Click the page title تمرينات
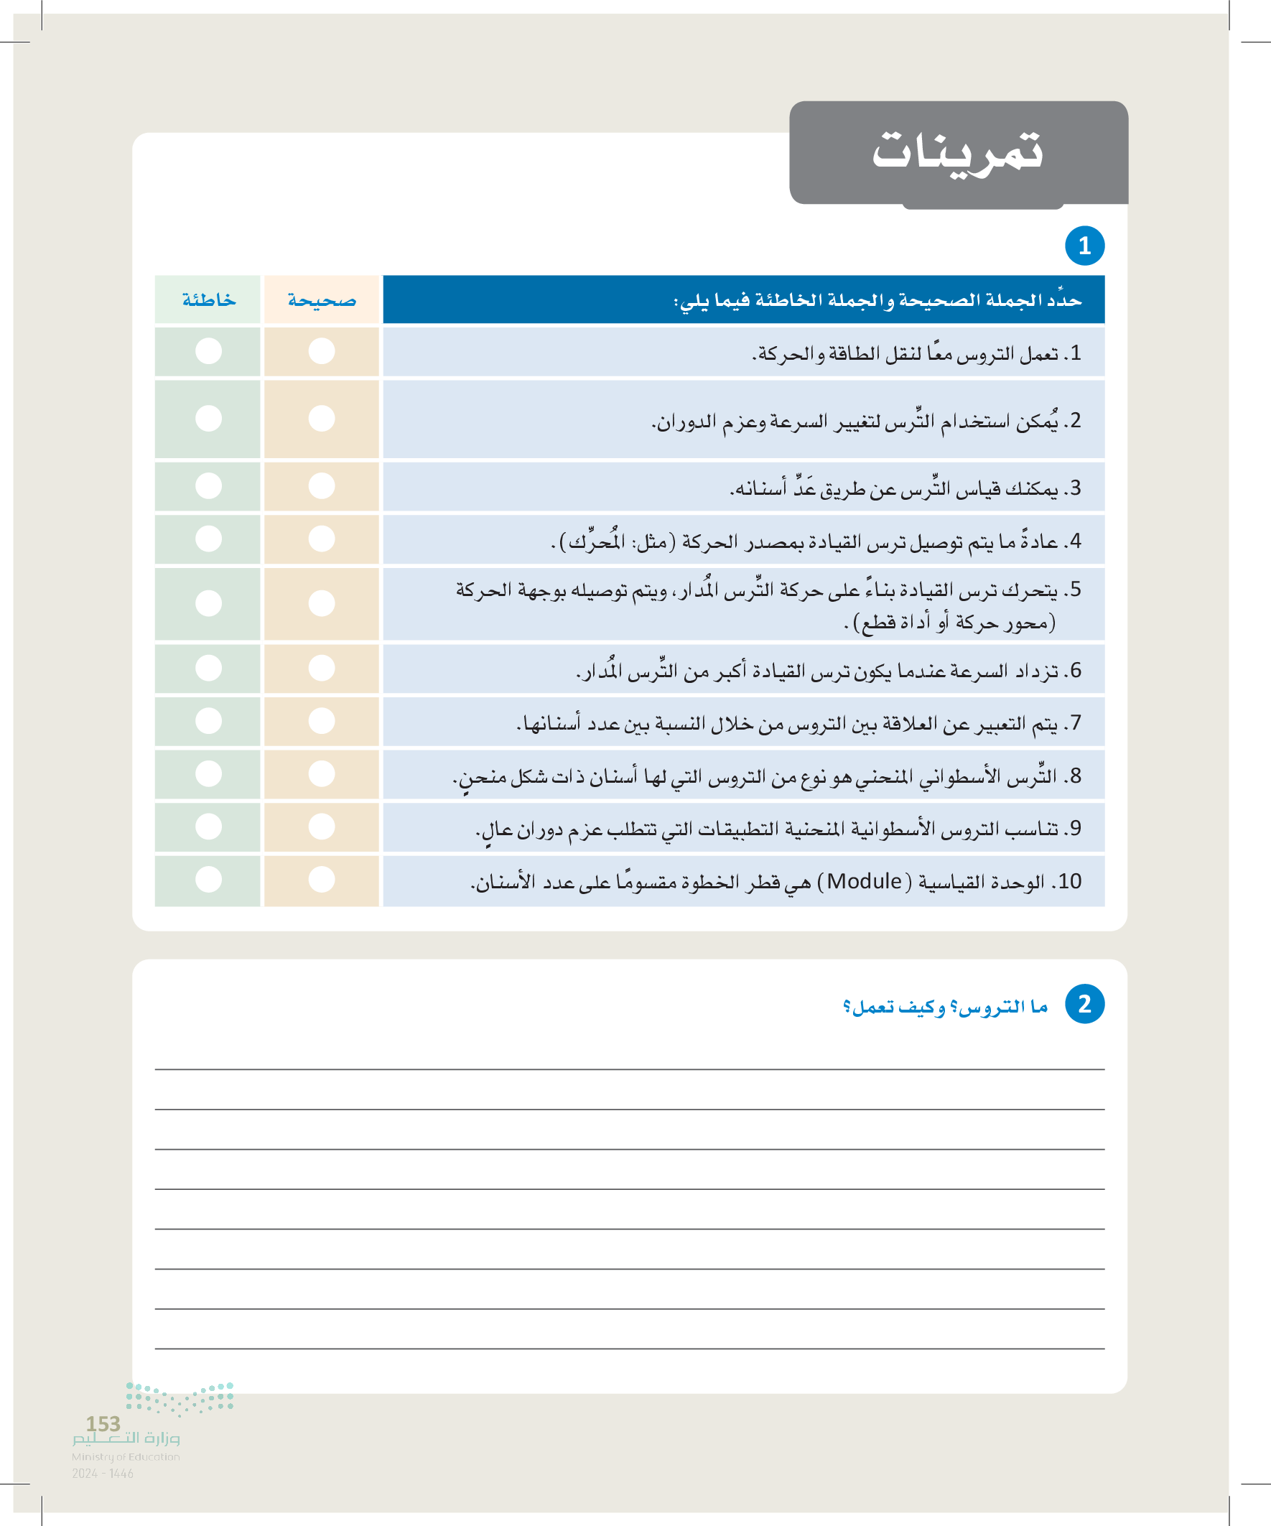(x=957, y=151)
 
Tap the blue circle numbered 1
(x=1084, y=246)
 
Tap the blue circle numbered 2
(x=1084, y=1003)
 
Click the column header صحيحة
(x=322, y=299)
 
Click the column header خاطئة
(x=208, y=299)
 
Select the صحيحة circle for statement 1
(x=321, y=351)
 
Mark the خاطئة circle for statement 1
(x=208, y=351)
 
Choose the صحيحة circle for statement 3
(x=321, y=485)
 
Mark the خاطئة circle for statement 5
(x=208, y=603)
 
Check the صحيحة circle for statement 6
(x=321, y=668)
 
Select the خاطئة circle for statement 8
(x=208, y=774)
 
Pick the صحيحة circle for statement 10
(x=321, y=879)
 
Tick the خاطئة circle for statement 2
(x=208, y=419)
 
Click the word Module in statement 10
(x=864, y=881)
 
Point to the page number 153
(x=103, y=1423)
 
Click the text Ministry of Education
(x=126, y=1456)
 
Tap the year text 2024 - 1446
(x=103, y=1473)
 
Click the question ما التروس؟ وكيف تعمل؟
(x=945, y=1006)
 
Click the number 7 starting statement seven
(x=1076, y=723)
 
